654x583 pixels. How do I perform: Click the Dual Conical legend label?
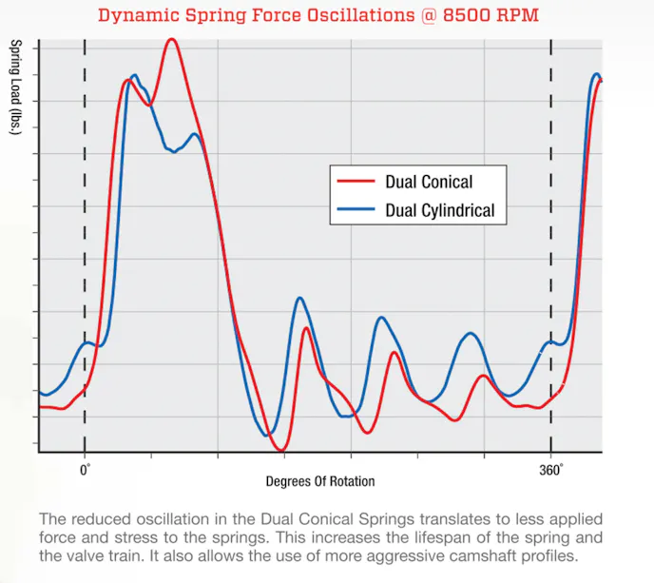pos(429,182)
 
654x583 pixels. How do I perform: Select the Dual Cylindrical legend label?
pos(440,210)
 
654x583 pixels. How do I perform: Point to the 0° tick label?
pos(85,469)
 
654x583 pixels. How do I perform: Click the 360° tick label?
pos(551,469)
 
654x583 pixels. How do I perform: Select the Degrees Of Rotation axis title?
pos(319,480)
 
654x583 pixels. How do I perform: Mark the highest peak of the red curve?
pos(171,40)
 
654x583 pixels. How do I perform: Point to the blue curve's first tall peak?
pos(134,75)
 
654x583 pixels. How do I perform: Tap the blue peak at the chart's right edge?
pos(596,74)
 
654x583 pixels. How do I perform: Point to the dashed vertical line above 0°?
pos(85,238)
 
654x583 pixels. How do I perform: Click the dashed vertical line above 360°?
pos(551,238)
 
